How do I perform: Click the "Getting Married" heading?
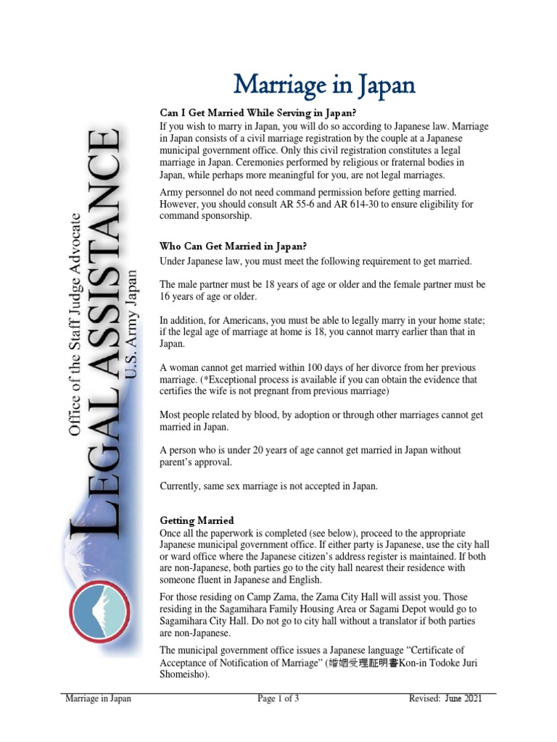pyautogui.click(x=197, y=520)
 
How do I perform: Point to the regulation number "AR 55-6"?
pyautogui.click(x=305, y=204)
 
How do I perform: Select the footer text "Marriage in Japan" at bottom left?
pyautogui.click(x=98, y=699)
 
